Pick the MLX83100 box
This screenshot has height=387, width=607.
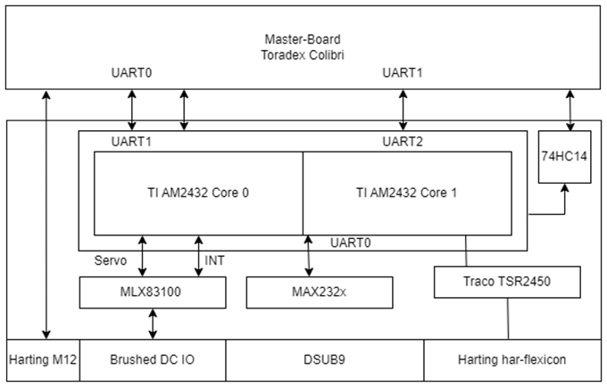[152, 291]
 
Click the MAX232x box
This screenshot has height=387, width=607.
[320, 291]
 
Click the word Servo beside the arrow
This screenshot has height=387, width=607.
[111, 260]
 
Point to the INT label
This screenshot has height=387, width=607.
[215, 260]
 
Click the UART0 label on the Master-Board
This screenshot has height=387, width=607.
[132, 72]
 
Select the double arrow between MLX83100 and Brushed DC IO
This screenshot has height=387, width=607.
[152, 322]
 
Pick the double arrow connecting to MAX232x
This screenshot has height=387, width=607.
[309, 255]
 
